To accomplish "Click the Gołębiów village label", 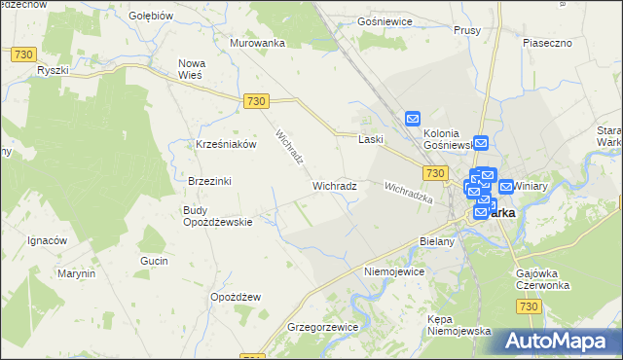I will (x=151, y=16).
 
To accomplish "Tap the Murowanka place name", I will (x=257, y=43).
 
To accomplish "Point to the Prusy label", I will (x=468, y=30).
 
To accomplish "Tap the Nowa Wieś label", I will (x=191, y=70).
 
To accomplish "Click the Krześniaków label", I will (x=225, y=144).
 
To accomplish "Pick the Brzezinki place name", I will (x=208, y=181).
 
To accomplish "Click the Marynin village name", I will (x=75, y=273).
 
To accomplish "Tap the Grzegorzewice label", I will (x=321, y=327).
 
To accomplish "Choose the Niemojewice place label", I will (x=393, y=271).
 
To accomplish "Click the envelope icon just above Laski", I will (x=412, y=119).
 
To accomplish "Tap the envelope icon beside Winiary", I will (x=506, y=186).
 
